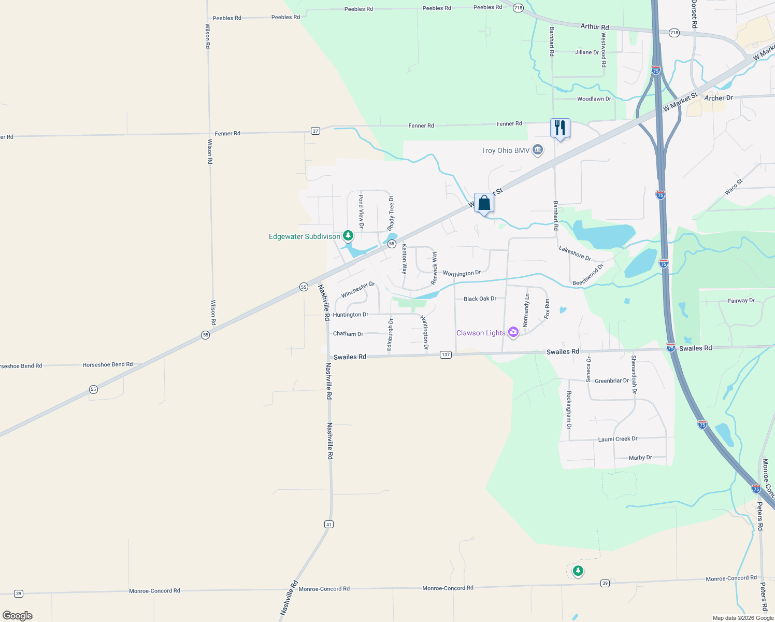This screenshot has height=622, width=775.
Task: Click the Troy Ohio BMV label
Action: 505,150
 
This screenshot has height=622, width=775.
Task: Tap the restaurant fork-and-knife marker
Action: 560,128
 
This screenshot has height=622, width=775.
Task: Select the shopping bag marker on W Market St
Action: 484,203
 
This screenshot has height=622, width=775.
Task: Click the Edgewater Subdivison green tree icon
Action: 348,236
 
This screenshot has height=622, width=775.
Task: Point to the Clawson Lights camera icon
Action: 513,332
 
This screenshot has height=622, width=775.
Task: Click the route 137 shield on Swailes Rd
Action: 446,355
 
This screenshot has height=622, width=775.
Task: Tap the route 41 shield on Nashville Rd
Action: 328,525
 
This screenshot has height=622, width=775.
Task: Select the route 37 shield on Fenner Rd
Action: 315,131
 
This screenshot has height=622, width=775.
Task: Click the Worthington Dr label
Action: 462,273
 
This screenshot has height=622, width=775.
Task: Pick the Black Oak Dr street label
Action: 480,299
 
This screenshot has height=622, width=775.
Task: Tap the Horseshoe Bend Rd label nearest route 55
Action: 107,364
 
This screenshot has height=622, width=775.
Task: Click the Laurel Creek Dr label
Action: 618,439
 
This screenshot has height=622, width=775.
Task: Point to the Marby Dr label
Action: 640,458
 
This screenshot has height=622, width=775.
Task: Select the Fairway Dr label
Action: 741,301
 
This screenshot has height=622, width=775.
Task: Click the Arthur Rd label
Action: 595,27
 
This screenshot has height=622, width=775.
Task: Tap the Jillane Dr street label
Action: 587,52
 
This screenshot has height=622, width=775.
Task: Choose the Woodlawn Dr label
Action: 594,99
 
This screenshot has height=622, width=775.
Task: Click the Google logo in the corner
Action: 18,616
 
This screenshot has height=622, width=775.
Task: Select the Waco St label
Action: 734,187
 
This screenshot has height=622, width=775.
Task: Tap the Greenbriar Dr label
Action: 611,381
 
